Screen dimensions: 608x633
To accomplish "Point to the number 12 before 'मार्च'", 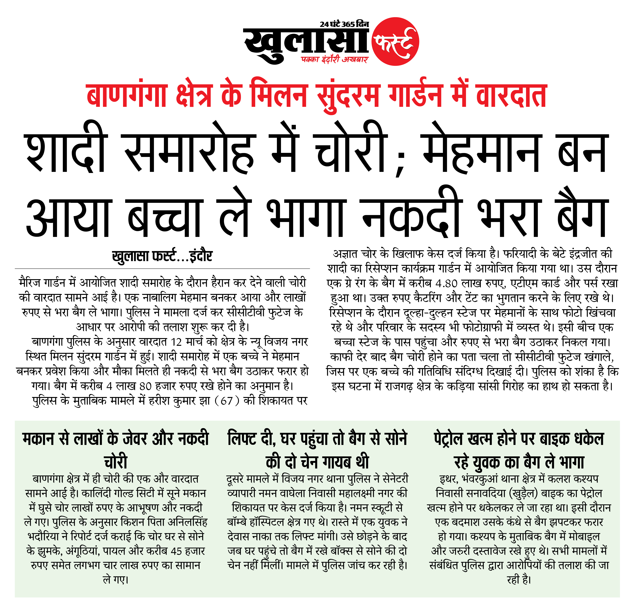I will pos(176,342).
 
